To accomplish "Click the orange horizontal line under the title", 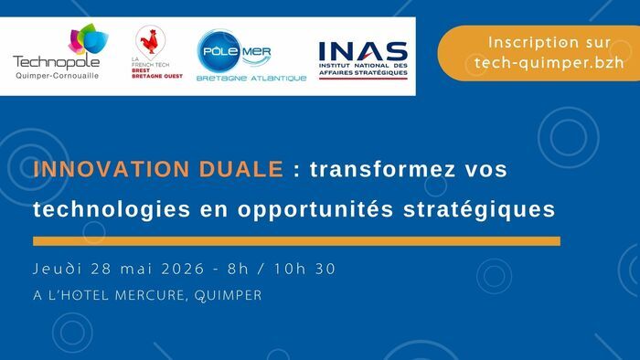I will [x=296, y=241].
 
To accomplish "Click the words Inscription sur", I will [x=536, y=42].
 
